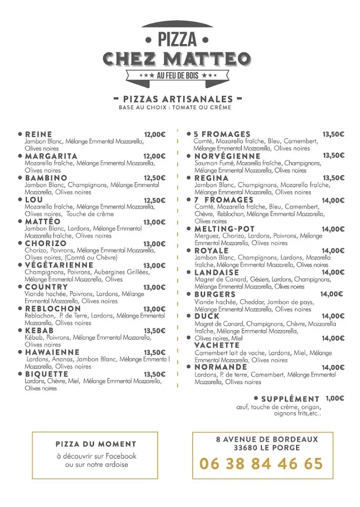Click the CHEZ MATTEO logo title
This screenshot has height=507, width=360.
pyautogui.click(x=177, y=59)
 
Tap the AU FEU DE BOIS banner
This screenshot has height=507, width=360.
pyautogui.click(x=177, y=75)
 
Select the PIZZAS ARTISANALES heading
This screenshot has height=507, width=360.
pyautogui.click(x=177, y=99)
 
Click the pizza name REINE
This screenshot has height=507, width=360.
pyautogui.click(x=39, y=134)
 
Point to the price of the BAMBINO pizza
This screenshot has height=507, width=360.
pyautogui.click(x=154, y=178)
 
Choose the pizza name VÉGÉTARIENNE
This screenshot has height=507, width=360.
pyautogui.click(x=59, y=265)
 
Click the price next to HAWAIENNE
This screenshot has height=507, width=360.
pyautogui.click(x=154, y=353)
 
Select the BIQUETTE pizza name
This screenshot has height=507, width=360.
pyautogui.click(x=47, y=374)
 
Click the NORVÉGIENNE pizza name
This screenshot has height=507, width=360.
pyautogui.click(x=227, y=156)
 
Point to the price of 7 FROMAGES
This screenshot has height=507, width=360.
pyautogui.click(x=333, y=201)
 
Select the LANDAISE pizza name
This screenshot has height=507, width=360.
pyautogui.click(x=217, y=272)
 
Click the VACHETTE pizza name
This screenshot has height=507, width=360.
pyautogui.click(x=217, y=345)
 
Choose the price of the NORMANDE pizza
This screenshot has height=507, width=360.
pyautogui.click(x=333, y=367)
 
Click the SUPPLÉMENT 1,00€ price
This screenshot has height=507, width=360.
pyautogui.click(x=335, y=398)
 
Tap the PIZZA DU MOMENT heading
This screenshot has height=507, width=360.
pyautogui.click(x=96, y=444)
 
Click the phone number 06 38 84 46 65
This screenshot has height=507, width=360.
pyautogui.click(x=260, y=464)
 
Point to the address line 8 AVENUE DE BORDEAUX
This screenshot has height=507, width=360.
pyautogui.click(x=267, y=439)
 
